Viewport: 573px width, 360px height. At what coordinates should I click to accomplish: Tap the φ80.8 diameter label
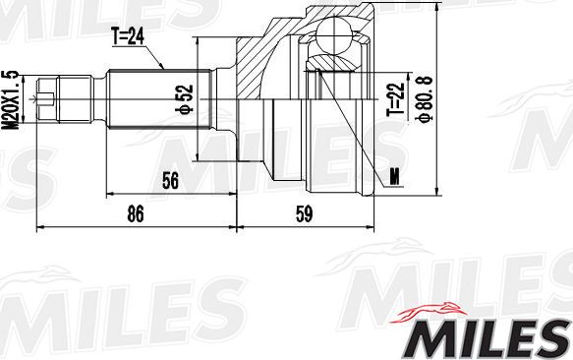pyautogui.click(x=421, y=99)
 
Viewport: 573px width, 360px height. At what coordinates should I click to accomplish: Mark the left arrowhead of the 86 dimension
pyautogui.click(x=40, y=225)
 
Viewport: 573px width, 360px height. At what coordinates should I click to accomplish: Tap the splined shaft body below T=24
pyautogui.click(x=157, y=97)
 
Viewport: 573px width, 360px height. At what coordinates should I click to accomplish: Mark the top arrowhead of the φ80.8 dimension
pyautogui.click(x=436, y=9)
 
